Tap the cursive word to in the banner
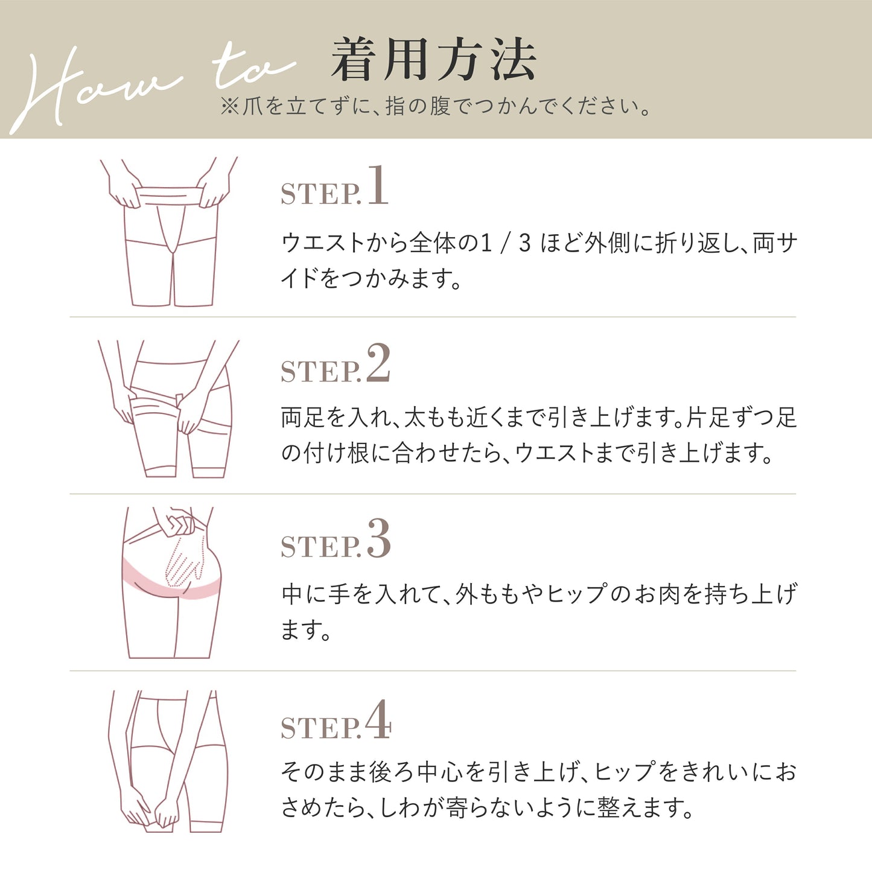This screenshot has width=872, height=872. click(253, 68)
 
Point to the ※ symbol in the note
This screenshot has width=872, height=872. click(230, 107)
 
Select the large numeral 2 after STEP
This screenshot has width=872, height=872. click(378, 363)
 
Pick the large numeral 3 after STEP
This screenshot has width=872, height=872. click(379, 538)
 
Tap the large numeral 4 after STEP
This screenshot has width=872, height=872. click(378, 719)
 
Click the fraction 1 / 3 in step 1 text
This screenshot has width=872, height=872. click(505, 243)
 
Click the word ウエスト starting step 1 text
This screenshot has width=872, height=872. click(323, 243)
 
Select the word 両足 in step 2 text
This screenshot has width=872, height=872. click(303, 417)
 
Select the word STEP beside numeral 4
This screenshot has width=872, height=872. click(320, 728)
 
